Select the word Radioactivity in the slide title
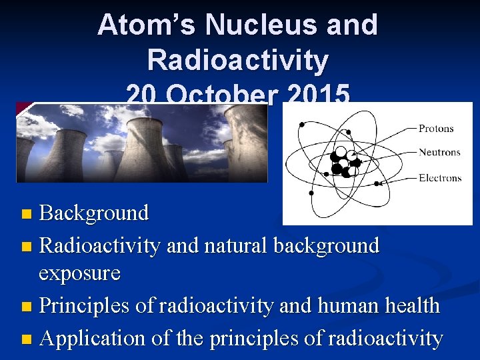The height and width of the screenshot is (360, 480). point(238,60)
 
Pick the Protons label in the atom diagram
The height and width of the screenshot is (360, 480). point(436,129)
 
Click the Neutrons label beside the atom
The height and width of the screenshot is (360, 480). point(439,152)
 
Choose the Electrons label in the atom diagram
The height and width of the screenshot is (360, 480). point(440,178)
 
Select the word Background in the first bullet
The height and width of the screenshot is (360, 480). point(94,213)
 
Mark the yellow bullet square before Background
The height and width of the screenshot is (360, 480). point(26,215)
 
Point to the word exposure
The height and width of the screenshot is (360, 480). point(79,273)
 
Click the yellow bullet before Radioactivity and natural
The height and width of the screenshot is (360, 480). point(26,247)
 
